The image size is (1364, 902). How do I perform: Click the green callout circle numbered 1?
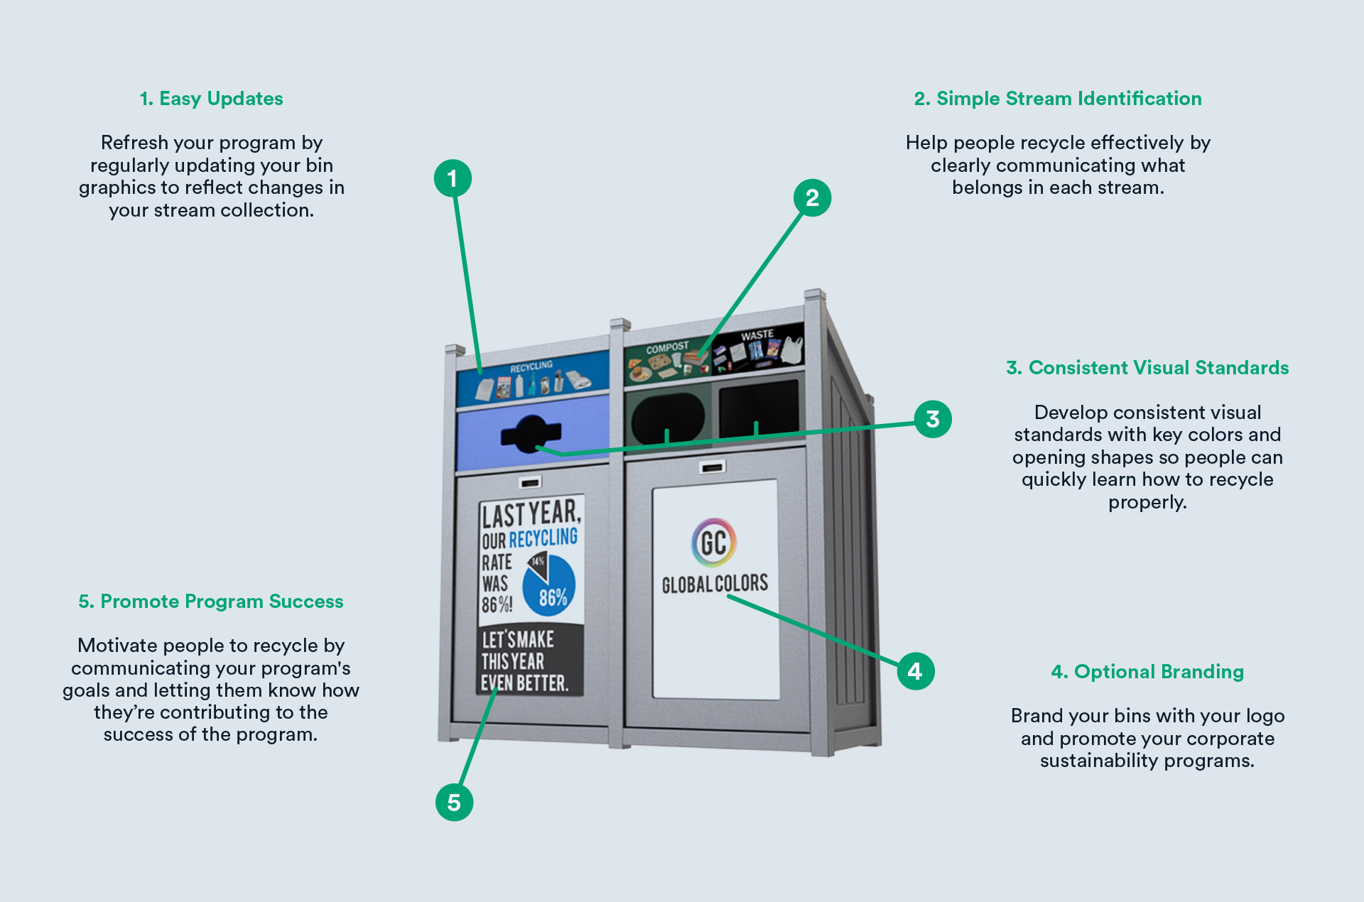pos(453,178)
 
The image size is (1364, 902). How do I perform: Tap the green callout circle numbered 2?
pos(812,197)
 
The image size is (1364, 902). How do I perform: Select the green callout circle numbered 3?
pos(932,419)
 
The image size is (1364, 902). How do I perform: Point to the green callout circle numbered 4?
pos(915,671)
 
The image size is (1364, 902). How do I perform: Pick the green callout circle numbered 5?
pos(454,803)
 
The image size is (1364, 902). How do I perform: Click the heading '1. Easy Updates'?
pos(211,99)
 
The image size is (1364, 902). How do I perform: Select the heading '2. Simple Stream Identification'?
pos(1058,99)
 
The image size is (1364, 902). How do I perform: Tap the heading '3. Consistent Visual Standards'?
pos(1147,368)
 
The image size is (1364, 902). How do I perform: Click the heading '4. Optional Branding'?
pos(1147,672)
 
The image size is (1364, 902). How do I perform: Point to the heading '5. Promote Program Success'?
pos(211,602)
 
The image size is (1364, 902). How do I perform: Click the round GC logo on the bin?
pos(714,543)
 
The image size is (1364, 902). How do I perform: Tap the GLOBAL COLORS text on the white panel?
pos(715,584)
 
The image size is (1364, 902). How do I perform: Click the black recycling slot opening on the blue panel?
pos(531,433)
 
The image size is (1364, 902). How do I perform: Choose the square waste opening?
pos(759,409)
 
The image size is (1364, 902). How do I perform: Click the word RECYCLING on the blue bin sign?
pos(531,366)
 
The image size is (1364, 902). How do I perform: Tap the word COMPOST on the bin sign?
pos(667,348)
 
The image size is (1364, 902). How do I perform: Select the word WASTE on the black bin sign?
pos(757,335)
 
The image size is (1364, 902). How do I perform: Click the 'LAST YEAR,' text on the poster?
pos(531,513)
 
